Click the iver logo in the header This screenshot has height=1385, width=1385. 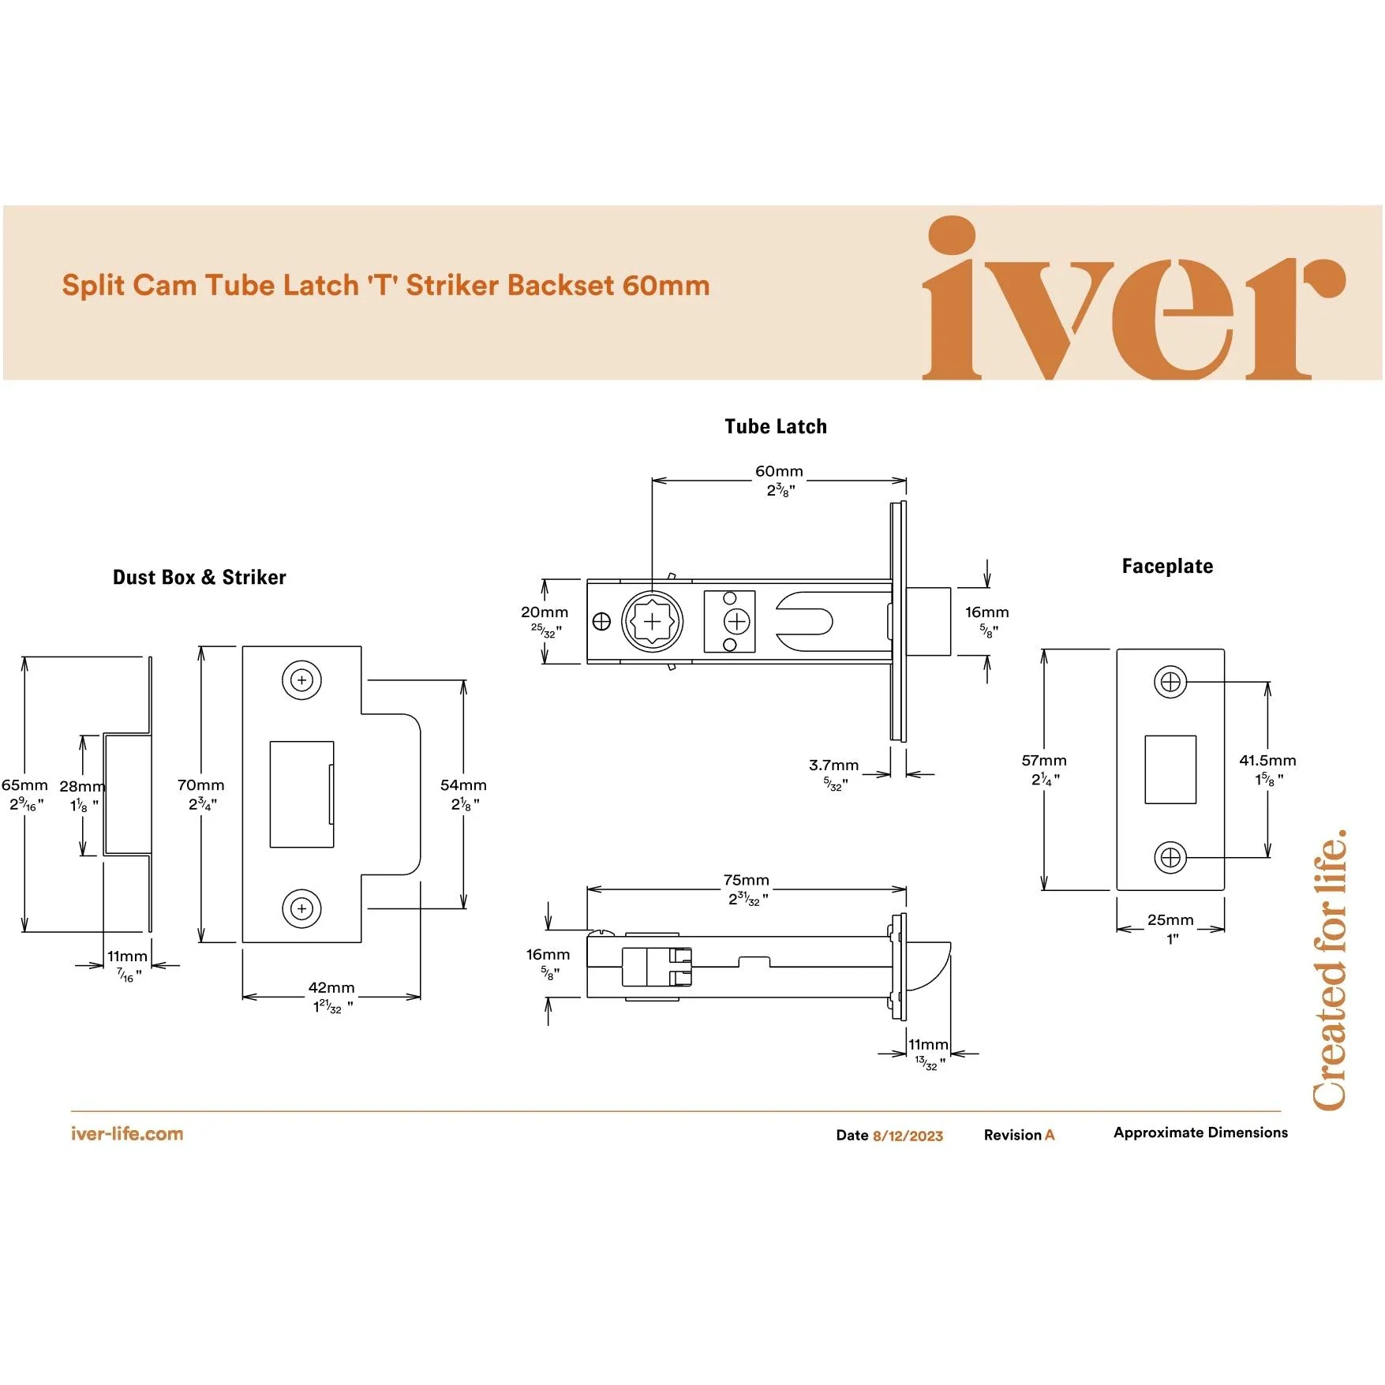tap(1134, 298)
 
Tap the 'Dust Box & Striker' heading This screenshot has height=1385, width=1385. tap(200, 577)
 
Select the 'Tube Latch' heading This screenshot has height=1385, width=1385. tap(776, 426)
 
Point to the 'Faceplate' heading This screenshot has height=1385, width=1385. tap(1167, 566)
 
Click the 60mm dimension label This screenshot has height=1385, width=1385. tap(779, 471)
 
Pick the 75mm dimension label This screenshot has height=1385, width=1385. tap(746, 880)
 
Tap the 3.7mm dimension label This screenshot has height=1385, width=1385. tap(833, 765)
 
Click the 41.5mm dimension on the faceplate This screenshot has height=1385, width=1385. tap(1267, 760)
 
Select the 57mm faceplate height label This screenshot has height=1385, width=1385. tap(1043, 760)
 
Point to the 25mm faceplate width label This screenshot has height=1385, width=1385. tap(1170, 919)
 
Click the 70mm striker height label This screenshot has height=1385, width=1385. tap(200, 784)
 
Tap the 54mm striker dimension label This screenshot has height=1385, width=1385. tap(463, 784)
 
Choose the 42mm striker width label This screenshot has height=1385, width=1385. tap(331, 987)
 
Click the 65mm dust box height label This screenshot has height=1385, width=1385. tap(24, 784)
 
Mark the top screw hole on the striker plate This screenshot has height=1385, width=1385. tap(301, 679)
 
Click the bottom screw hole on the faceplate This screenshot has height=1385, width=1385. tap(1170, 857)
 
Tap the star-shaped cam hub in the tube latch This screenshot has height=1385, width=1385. tap(653, 622)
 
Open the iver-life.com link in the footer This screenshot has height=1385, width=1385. tap(127, 1134)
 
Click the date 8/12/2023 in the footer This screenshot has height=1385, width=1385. tap(908, 1136)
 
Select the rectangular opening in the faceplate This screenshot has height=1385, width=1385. tap(1170, 769)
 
